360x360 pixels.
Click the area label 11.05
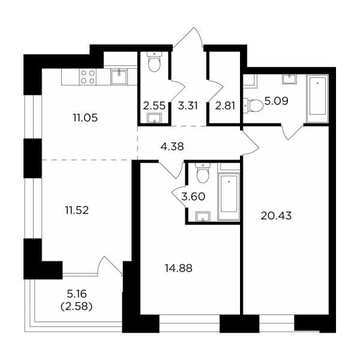tap(85, 118)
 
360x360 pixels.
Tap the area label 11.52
tap(77, 211)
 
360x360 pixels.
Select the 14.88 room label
tap(179, 268)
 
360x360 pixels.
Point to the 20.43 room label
tap(276, 216)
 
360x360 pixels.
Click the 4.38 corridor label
tap(172, 146)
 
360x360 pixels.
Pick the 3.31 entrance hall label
tap(188, 106)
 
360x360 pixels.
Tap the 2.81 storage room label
tap(225, 106)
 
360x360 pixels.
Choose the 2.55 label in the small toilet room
tap(154, 106)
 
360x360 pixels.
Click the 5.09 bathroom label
tap(276, 101)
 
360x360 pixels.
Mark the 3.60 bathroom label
tap(193, 197)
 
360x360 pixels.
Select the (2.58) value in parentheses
tap(76, 307)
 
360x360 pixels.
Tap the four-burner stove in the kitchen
tap(88, 77)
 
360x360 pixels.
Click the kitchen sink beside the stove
tap(119, 77)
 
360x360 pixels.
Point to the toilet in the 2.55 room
tap(154, 61)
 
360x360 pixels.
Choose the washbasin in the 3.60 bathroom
tap(203, 217)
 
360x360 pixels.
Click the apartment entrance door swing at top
tap(188, 38)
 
